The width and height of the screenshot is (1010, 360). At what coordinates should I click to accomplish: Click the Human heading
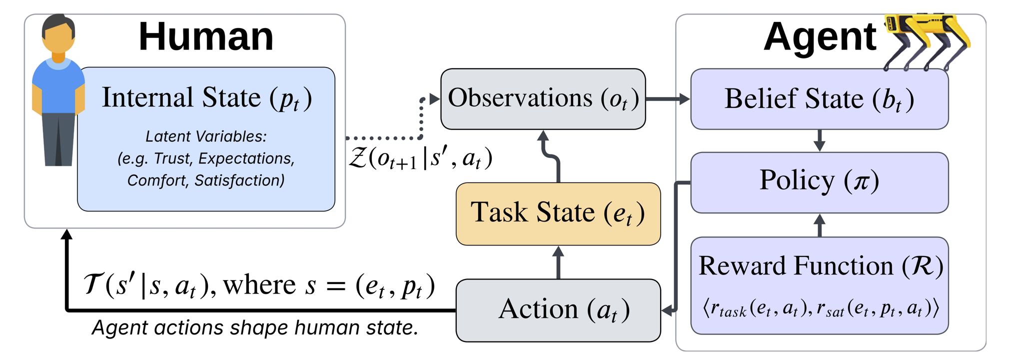pyautogui.click(x=206, y=37)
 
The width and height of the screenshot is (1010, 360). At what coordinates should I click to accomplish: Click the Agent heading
pyautogui.click(x=820, y=37)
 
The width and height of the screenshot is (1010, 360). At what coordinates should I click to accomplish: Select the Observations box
pyautogui.click(x=543, y=98)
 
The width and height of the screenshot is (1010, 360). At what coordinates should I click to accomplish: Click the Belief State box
pyautogui.click(x=819, y=99)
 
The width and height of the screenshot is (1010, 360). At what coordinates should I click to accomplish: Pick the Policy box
pyautogui.click(x=819, y=181)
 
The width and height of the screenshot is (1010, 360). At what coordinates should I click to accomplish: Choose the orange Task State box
pyautogui.click(x=558, y=213)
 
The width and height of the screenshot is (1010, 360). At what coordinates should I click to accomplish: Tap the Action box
pyautogui.click(x=558, y=310)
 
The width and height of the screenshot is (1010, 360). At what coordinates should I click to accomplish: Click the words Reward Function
pyautogui.click(x=796, y=265)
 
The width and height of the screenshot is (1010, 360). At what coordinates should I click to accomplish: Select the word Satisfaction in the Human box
pyautogui.click(x=239, y=180)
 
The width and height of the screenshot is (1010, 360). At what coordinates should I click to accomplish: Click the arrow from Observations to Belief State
pyautogui.click(x=668, y=99)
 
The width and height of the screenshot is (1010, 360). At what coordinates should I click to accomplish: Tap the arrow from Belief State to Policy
pyautogui.click(x=819, y=140)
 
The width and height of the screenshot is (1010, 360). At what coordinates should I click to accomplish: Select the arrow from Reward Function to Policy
pyautogui.click(x=819, y=225)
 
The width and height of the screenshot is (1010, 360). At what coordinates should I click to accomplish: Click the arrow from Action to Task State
pyautogui.click(x=558, y=262)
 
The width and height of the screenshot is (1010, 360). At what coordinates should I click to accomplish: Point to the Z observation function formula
pyautogui.click(x=420, y=158)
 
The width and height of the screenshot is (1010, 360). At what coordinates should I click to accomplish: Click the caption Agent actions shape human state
pyautogui.click(x=255, y=328)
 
